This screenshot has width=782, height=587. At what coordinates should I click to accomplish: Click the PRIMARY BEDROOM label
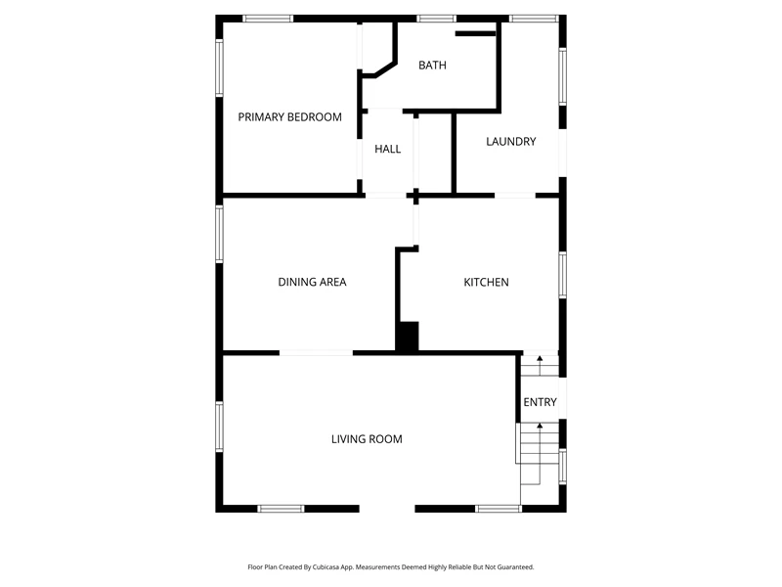click(x=289, y=116)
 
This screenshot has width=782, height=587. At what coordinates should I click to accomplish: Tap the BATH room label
click(x=432, y=65)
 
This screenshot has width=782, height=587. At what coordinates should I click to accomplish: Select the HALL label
click(x=387, y=149)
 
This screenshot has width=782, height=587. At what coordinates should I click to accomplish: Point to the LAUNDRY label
click(x=511, y=141)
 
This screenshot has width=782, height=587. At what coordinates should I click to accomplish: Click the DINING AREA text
click(x=312, y=282)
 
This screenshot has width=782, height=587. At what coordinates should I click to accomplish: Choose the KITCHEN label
click(x=486, y=282)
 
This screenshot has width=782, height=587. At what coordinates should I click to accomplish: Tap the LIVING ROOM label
click(x=367, y=439)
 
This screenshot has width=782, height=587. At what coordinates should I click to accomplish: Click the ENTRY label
click(x=541, y=402)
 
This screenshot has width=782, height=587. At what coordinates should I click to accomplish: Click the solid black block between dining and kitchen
click(x=407, y=337)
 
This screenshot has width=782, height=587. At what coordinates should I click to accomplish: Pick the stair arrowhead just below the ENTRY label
click(x=540, y=426)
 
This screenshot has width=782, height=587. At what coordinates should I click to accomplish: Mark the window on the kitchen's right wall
click(x=563, y=275)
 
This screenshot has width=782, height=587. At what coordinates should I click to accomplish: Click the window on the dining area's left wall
click(x=219, y=234)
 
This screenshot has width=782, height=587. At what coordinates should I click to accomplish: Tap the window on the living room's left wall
click(x=219, y=428)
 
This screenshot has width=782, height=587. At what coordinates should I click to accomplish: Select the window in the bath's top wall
click(x=436, y=19)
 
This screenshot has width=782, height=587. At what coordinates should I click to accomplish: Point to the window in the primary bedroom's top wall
click(x=268, y=19)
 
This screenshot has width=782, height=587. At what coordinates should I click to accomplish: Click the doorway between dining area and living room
click(x=316, y=353)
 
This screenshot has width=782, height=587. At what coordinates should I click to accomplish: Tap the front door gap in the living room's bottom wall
click(x=387, y=509)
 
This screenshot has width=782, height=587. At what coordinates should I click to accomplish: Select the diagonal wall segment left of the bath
click(x=386, y=68)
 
